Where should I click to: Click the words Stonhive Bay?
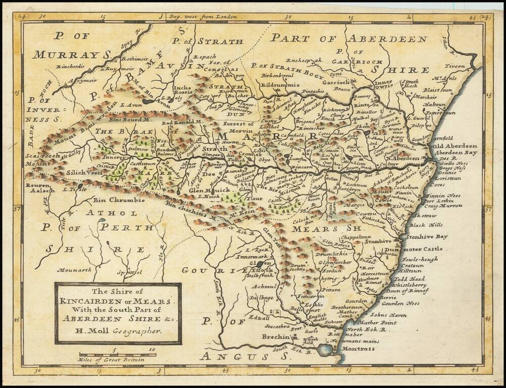427,236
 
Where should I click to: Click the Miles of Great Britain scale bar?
117,355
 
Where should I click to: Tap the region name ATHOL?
104,213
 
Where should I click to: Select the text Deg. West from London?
203,17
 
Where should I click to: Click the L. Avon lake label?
131,105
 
